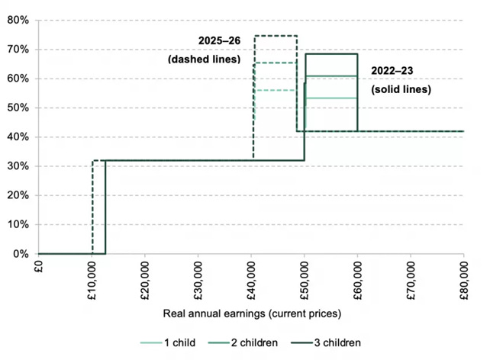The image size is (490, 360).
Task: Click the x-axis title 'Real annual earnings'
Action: (x=251, y=313)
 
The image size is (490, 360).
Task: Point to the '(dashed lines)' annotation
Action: (x=205, y=59)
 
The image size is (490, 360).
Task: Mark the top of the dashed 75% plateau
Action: (x=276, y=36)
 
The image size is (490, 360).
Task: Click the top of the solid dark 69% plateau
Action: (x=331, y=53)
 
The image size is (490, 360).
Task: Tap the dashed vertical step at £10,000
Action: (x=92, y=206)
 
